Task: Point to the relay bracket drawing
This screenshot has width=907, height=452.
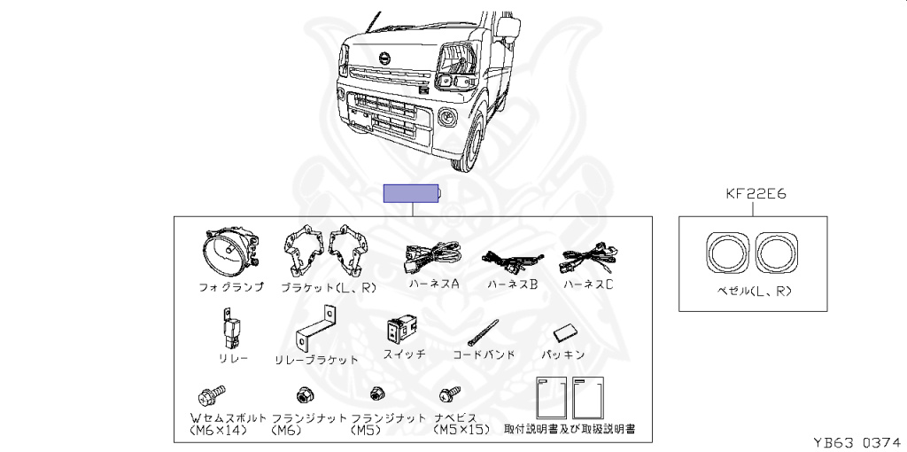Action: (x=314, y=331)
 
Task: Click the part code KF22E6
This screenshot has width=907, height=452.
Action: (x=756, y=192)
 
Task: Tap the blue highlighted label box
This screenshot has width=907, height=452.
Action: (x=411, y=193)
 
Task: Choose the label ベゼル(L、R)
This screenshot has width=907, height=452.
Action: (x=755, y=290)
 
